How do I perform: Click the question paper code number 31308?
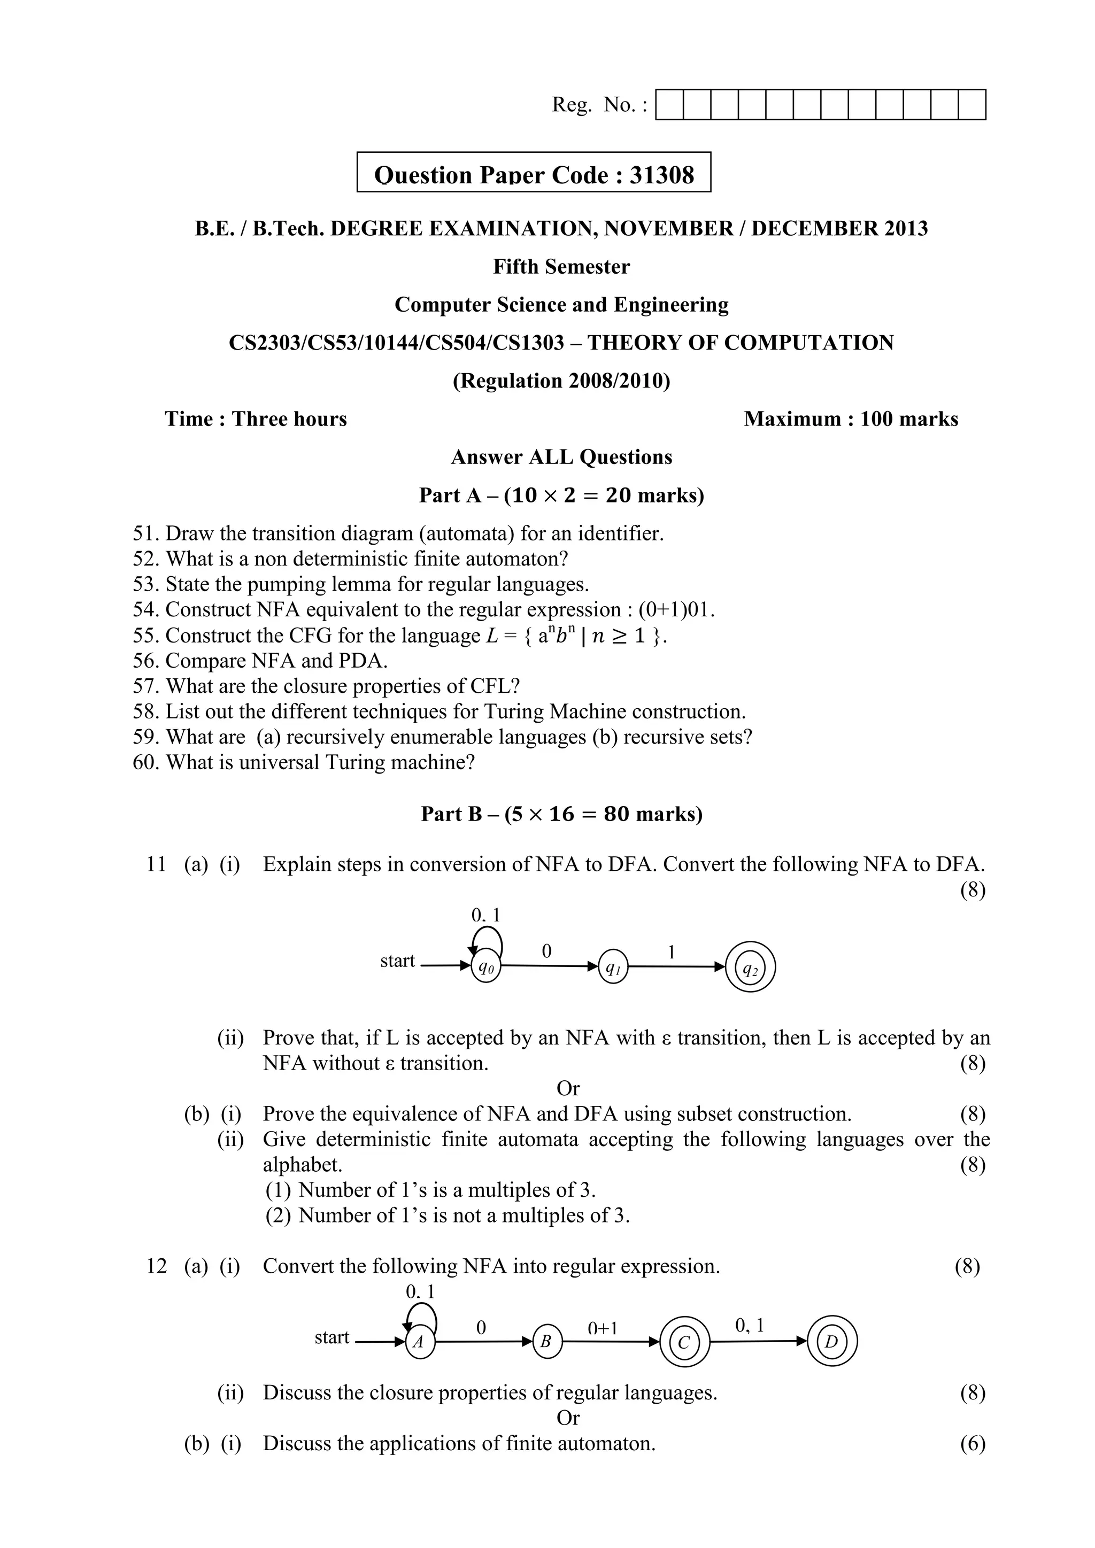pos(661,175)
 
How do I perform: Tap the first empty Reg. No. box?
pos(669,105)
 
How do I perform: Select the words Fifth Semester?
pos(561,267)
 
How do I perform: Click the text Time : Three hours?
pos(256,420)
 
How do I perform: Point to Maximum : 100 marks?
pos(850,420)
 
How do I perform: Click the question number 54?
pos(145,609)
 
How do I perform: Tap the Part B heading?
pos(561,815)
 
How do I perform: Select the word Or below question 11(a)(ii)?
pos(568,1088)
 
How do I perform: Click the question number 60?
pos(145,763)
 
